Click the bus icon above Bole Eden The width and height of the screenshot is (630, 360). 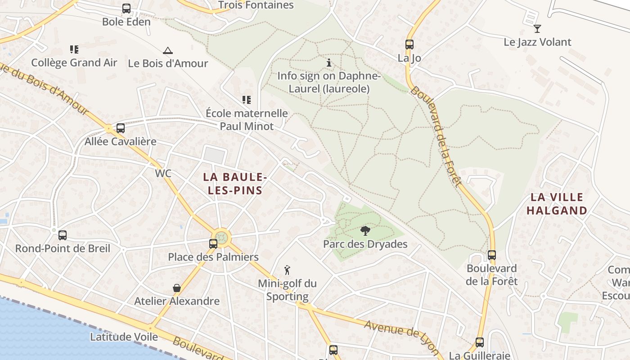pyautogui.click(x=126, y=9)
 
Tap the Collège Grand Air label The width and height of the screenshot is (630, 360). pyautogui.click(x=74, y=63)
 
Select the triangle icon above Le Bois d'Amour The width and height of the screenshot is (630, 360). pyautogui.click(x=168, y=50)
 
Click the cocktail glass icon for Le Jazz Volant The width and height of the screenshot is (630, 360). pyautogui.click(x=537, y=29)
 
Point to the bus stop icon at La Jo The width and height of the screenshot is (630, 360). pyautogui.click(x=409, y=45)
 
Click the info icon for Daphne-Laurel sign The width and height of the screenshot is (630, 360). pyautogui.click(x=329, y=63)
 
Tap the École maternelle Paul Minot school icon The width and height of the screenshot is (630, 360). pyautogui.click(x=246, y=99)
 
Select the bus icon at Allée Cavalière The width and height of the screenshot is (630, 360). pyautogui.click(x=120, y=128)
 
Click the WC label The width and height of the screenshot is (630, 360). pyautogui.click(x=163, y=173)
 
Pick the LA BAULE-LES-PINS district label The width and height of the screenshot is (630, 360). pyautogui.click(x=235, y=184)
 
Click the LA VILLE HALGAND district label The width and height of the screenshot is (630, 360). pyautogui.click(x=557, y=204)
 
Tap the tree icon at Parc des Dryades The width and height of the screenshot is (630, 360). pyautogui.click(x=365, y=231)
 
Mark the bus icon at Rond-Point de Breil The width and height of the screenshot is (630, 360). pyautogui.click(x=63, y=235)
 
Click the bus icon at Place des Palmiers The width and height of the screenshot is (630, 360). pyautogui.click(x=213, y=244)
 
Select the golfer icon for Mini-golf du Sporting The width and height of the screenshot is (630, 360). pyautogui.click(x=287, y=270)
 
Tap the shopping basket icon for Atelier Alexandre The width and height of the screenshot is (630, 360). pyautogui.click(x=177, y=288)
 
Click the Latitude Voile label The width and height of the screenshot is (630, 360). pyautogui.click(x=124, y=337)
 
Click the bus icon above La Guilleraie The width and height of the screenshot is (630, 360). pyautogui.click(x=480, y=342)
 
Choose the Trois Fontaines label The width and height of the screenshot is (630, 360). pyautogui.click(x=256, y=5)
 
